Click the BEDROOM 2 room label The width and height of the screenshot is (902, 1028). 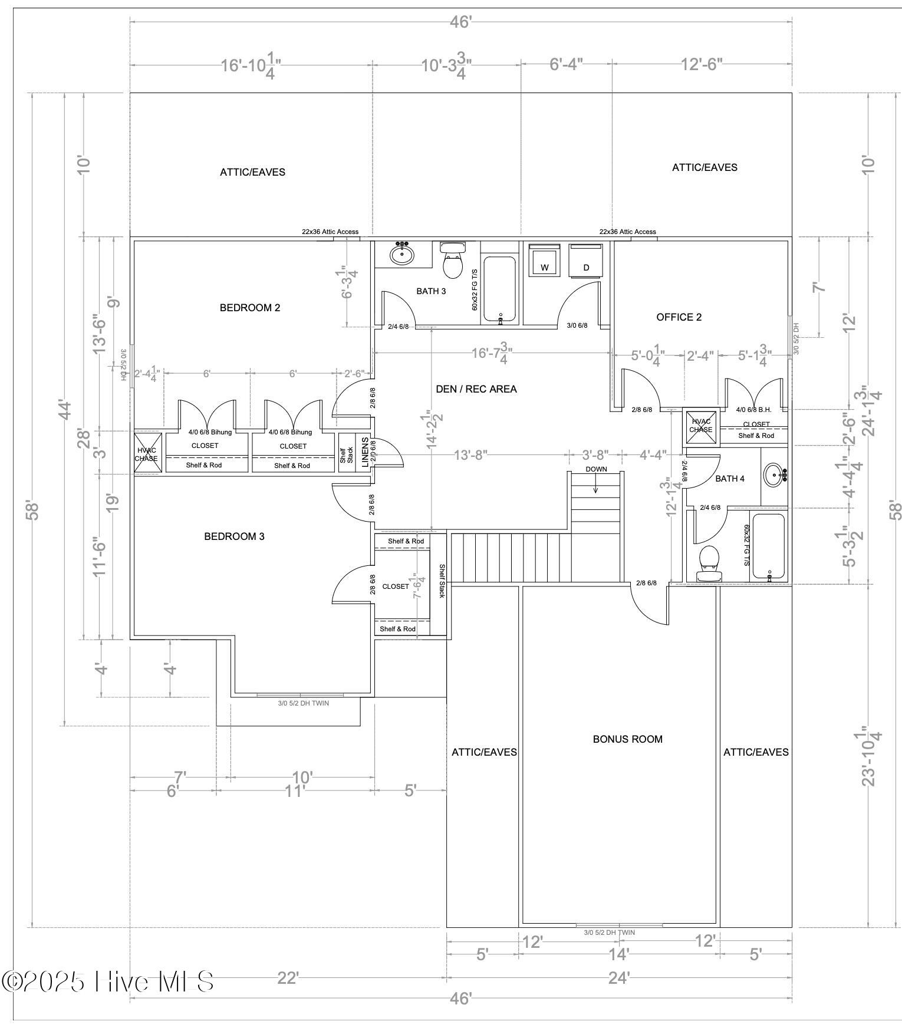point(249,308)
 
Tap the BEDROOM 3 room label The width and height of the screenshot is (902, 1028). point(234,536)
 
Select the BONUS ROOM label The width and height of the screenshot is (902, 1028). point(627,739)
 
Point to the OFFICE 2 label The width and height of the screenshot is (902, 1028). point(679,317)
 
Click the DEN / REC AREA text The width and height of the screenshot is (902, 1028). point(476,389)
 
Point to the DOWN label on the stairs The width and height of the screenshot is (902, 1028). point(595,469)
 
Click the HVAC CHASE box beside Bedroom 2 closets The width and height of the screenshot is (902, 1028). point(146,453)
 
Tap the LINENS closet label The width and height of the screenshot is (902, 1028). point(365,452)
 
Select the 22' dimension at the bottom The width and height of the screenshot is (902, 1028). point(288,978)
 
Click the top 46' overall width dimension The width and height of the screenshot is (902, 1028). point(460,22)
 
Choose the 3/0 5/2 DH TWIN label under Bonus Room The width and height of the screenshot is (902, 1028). point(609,933)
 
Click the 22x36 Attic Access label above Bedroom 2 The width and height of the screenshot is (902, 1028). point(330,232)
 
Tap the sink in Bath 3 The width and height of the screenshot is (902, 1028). point(402,255)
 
